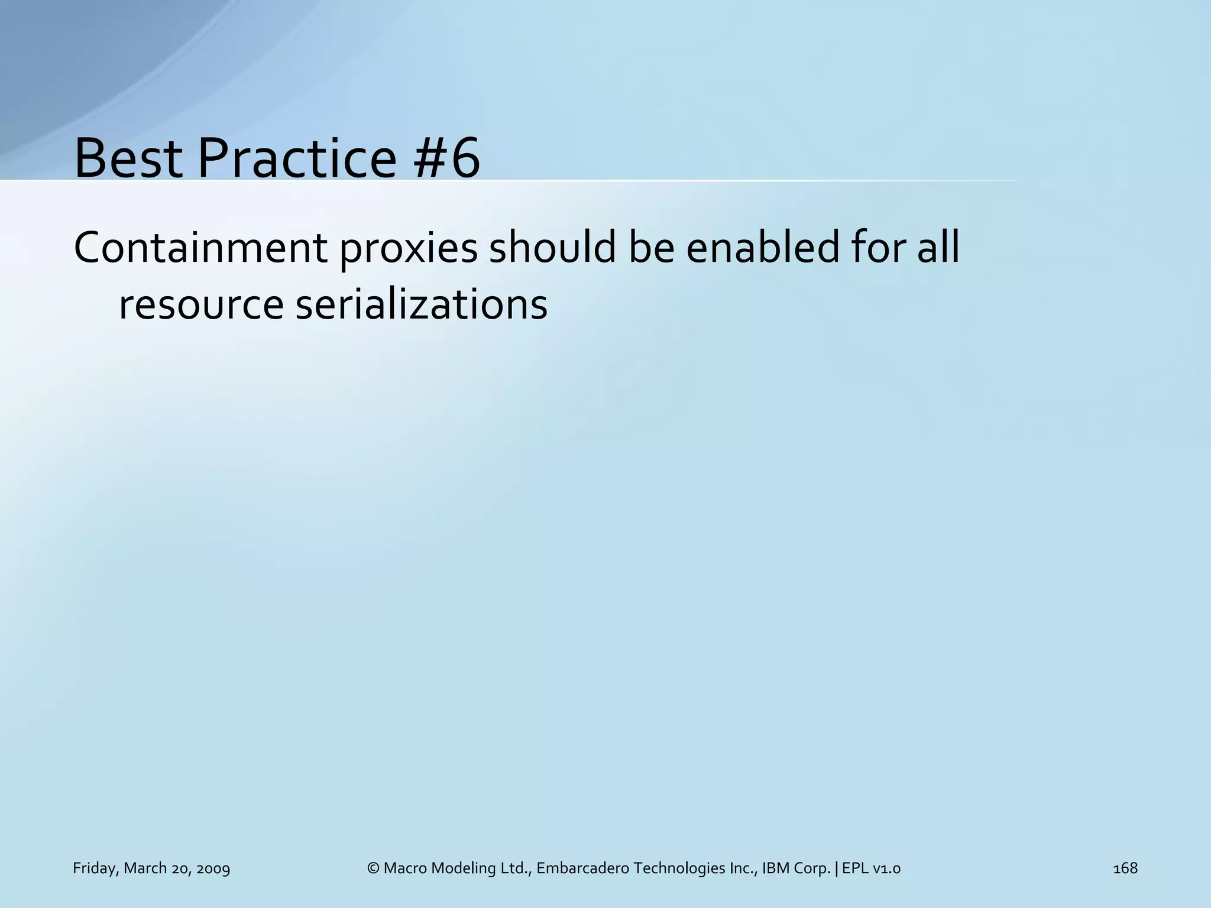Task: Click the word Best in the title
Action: tap(128, 158)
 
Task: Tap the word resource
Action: tap(201, 306)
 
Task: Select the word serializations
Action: tap(421, 305)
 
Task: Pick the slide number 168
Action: tap(1125, 868)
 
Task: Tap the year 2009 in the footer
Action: tap(213, 868)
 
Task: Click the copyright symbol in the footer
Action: tap(373, 868)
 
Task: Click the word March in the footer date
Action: tap(145, 868)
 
